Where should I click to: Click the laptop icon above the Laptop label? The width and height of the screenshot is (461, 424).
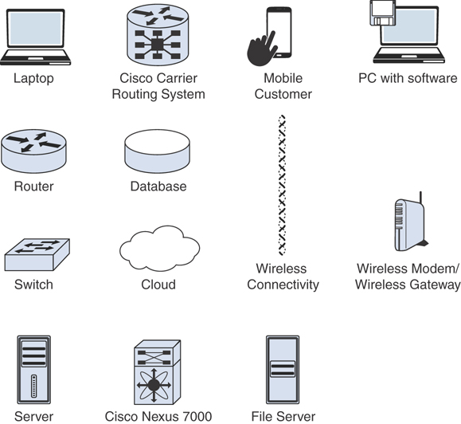35,37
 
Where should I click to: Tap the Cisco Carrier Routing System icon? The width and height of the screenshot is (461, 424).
158,35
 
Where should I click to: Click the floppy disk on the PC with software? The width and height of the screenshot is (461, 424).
382,13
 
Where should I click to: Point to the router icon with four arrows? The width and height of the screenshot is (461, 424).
33,151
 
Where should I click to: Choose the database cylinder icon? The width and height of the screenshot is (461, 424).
158,151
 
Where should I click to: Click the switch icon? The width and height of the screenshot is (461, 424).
37,254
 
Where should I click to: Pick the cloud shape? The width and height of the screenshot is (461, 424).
160,248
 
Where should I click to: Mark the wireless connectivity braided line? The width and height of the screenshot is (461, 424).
282,186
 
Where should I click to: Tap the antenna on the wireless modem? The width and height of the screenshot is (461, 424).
420,198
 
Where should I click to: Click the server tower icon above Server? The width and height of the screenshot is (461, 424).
33,370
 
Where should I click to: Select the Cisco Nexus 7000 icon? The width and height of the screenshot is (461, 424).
158,372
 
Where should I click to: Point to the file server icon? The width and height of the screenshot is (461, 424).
283,370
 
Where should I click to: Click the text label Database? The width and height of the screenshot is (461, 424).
158,186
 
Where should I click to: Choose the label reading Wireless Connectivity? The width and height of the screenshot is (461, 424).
283,277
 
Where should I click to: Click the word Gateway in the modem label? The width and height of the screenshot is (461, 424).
435,285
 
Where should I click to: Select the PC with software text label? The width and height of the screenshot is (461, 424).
408,78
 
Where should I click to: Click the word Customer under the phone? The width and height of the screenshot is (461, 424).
283,94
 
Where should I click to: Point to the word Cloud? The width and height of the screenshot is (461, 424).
158,285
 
